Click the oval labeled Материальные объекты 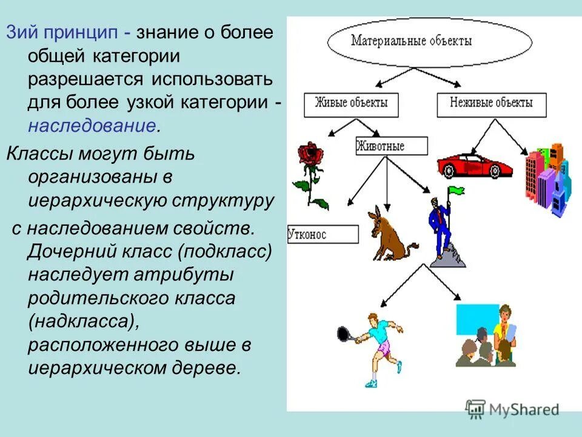click(429, 43)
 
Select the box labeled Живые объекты click(352, 103)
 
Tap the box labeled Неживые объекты click(491, 103)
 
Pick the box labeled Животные click(391, 146)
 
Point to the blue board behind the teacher click(475, 319)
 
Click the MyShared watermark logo click(512, 410)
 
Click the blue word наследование click(91, 126)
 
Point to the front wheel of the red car click(450, 172)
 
